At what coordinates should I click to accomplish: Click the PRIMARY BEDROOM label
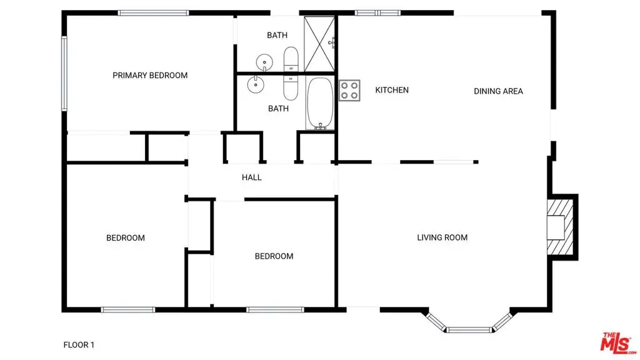pyautogui.click(x=150, y=76)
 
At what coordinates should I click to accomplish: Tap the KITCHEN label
pyautogui.click(x=392, y=90)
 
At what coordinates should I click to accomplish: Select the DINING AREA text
pyautogui.click(x=498, y=91)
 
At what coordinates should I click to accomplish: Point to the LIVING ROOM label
pyautogui.click(x=442, y=237)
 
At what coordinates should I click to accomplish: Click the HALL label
pyautogui.click(x=251, y=177)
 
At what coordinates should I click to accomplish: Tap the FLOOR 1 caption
pyautogui.click(x=79, y=345)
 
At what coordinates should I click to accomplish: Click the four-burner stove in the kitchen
pyautogui.click(x=349, y=91)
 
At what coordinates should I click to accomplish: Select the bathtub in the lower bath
pyautogui.click(x=321, y=103)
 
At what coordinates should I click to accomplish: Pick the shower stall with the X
pyautogui.click(x=319, y=44)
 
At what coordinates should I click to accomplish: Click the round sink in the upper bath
pyautogui.click(x=264, y=62)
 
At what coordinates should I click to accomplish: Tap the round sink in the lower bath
pyautogui.click(x=256, y=84)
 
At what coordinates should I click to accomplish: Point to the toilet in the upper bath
pyautogui.click(x=291, y=59)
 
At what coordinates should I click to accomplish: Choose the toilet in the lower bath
pyautogui.click(x=291, y=87)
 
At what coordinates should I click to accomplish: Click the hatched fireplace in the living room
pyautogui.click(x=560, y=227)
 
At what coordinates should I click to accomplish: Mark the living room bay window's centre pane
pyautogui.click(x=469, y=330)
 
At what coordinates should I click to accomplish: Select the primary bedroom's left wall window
pyautogui.click(x=64, y=74)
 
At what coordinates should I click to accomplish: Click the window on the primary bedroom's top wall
pyautogui.click(x=154, y=13)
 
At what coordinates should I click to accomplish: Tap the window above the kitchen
pyautogui.click(x=377, y=13)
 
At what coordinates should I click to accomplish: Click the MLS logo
pyautogui.click(x=618, y=343)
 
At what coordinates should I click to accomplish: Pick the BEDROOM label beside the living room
pyautogui.click(x=274, y=256)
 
